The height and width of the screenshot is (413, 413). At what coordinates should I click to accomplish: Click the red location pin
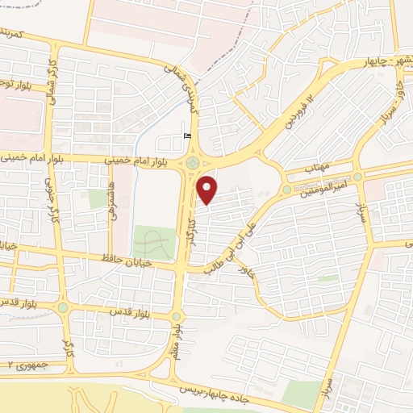point(208,189)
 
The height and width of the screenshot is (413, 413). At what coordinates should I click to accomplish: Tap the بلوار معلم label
point(185,340)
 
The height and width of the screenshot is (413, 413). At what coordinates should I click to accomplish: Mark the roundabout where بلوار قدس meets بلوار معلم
point(177,315)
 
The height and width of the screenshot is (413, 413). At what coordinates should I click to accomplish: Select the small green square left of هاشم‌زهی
point(98,198)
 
